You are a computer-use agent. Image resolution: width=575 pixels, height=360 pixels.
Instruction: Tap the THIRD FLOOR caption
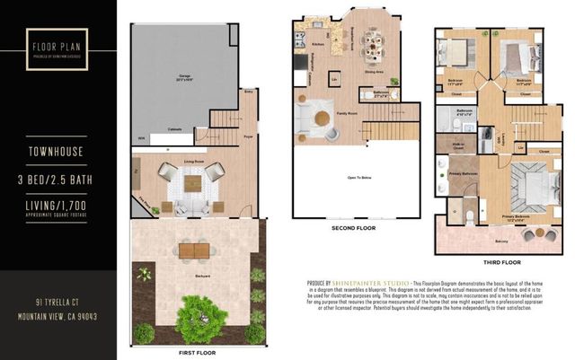(x=500, y=262)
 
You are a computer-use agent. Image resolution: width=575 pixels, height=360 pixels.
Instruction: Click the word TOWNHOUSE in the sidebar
(x=56, y=152)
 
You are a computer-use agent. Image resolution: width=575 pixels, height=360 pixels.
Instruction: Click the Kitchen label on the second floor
(x=317, y=43)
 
